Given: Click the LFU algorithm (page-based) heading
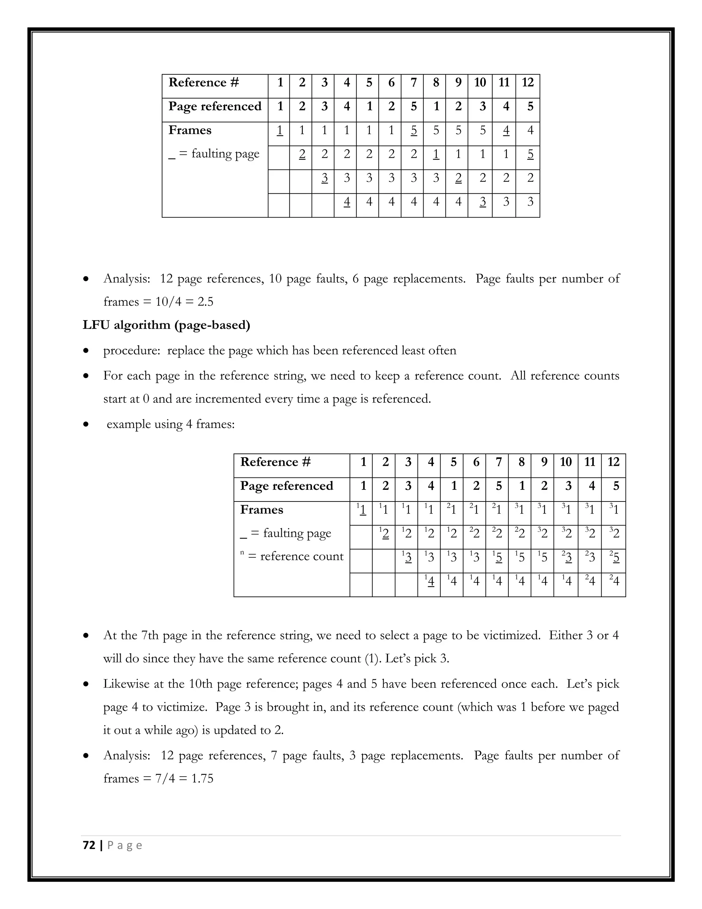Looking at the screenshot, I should click(x=166, y=325).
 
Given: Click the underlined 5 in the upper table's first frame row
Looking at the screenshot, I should click(x=413, y=130).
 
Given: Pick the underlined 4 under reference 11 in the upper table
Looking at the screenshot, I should click(x=506, y=130).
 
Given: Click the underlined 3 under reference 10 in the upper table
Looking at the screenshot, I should click(x=482, y=202).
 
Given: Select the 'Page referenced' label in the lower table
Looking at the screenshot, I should click(x=287, y=486).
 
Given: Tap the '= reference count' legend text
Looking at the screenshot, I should click(x=295, y=556).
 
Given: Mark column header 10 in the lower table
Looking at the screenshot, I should click(x=566, y=462).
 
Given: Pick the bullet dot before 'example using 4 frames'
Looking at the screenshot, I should click(x=86, y=425).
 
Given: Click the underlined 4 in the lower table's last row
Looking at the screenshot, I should click(x=431, y=581).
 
